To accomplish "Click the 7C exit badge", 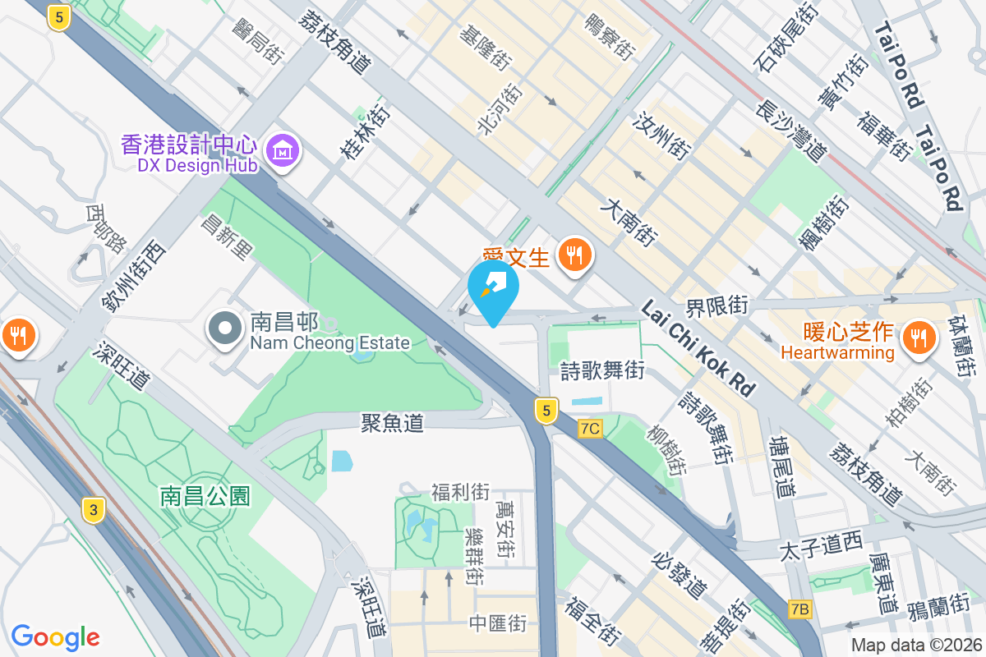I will coord(590,428).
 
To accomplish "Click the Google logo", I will coord(56,636).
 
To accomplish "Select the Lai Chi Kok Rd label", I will coord(698,347).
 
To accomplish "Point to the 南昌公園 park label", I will coord(205,496).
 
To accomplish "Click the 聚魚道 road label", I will coord(393,423).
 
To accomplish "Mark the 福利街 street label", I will coord(460,493).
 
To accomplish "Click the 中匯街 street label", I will coord(498,623).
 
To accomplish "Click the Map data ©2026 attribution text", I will coord(916,646).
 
